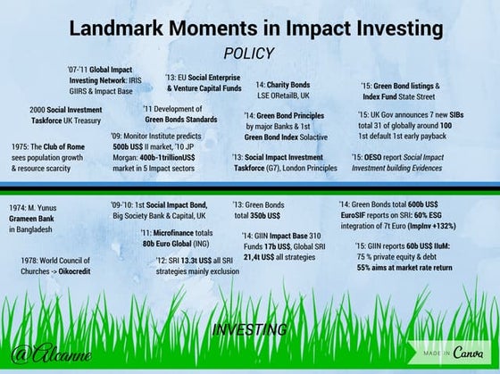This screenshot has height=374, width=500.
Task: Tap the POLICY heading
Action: click(x=248, y=53)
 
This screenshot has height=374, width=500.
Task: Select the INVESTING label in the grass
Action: click(x=249, y=330)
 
